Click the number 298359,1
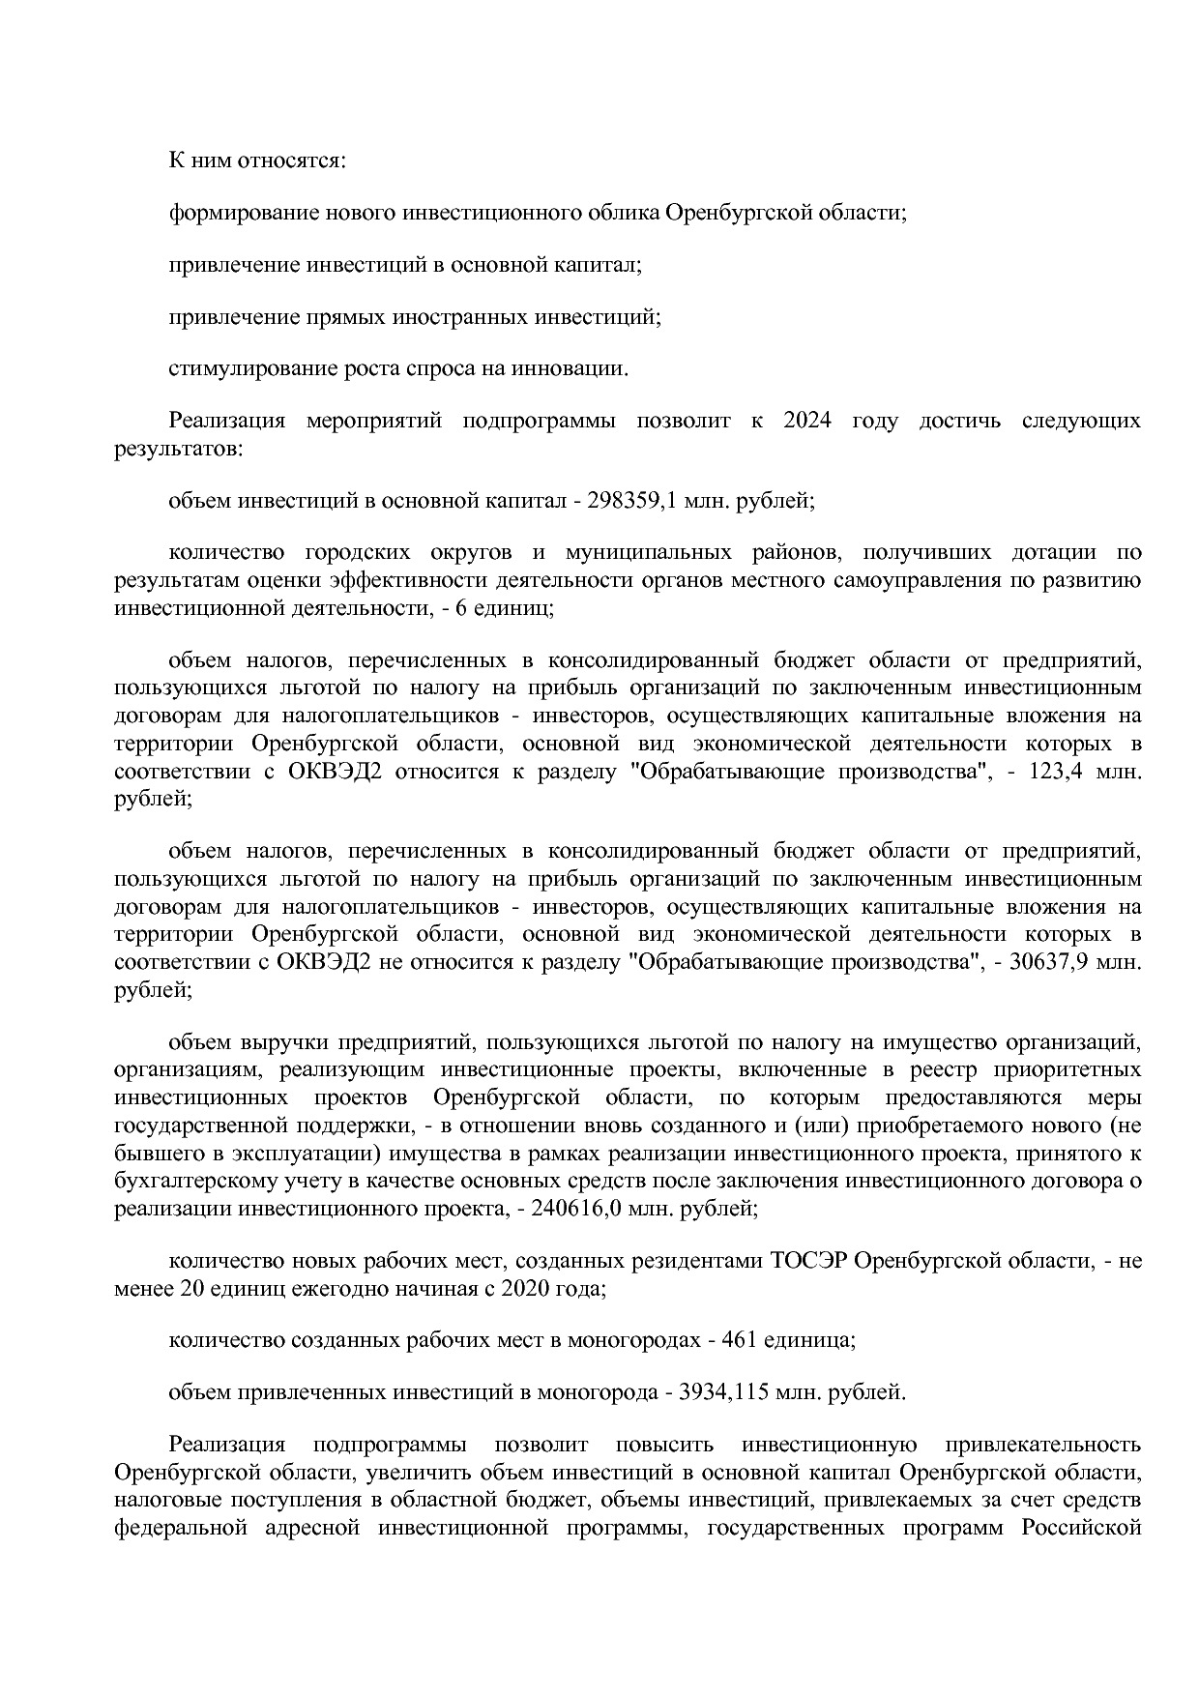(629, 501)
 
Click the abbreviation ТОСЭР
(810, 1262)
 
